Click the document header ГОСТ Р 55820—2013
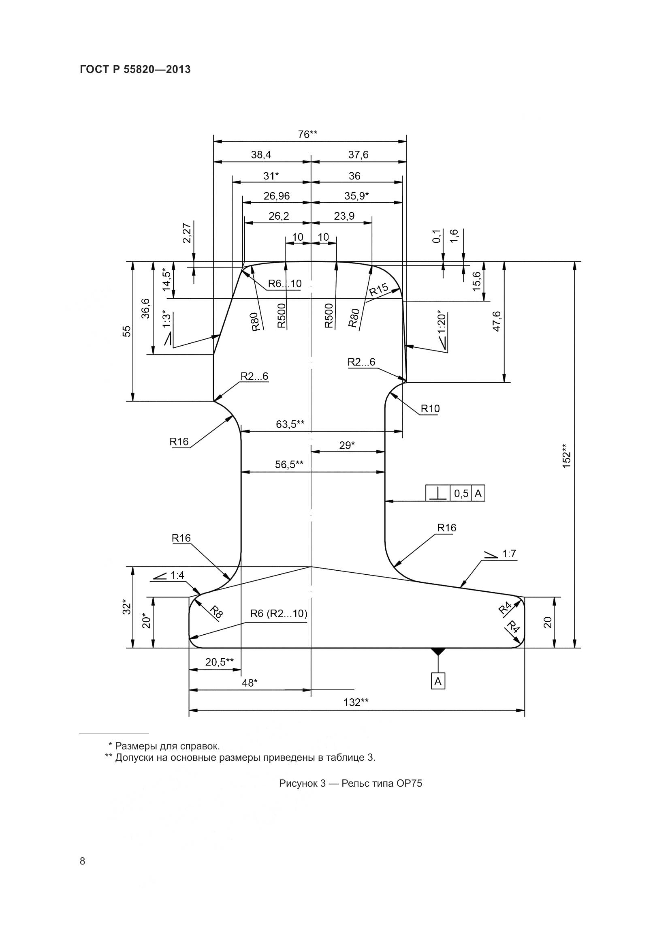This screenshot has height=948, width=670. pos(135,69)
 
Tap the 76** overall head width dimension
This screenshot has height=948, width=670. pos(307,134)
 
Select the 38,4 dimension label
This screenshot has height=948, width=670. pos(261,155)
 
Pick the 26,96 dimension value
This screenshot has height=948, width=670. pos(276,196)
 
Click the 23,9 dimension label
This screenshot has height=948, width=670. pos(344,216)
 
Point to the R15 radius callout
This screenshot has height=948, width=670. pos(378,289)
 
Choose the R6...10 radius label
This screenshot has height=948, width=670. pos(285,284)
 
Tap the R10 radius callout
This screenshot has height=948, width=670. pos(430,409)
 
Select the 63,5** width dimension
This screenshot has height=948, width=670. pos(290,424)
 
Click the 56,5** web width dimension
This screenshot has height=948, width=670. pos(289,464)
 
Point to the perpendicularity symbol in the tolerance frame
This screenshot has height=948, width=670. pos(438,493)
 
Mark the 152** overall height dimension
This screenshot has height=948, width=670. pos(566,456)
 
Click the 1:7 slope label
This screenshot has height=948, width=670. pos(509,554)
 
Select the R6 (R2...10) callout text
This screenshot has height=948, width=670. pos(279,614)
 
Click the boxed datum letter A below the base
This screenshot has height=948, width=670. pos(438,682)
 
